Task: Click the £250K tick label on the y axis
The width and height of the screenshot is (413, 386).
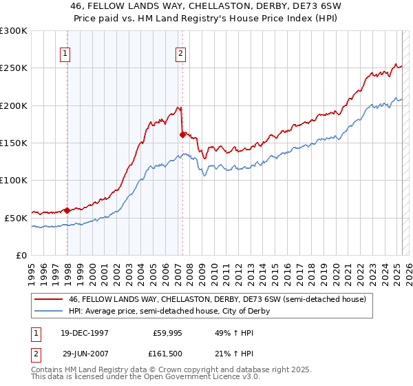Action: point(14,68)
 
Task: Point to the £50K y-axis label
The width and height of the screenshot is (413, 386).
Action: point(17,218)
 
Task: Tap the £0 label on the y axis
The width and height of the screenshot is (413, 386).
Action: point(22,255)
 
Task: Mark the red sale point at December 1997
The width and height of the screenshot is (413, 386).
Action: point(67,210)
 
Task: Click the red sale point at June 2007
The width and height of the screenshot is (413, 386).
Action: point(182,134)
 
